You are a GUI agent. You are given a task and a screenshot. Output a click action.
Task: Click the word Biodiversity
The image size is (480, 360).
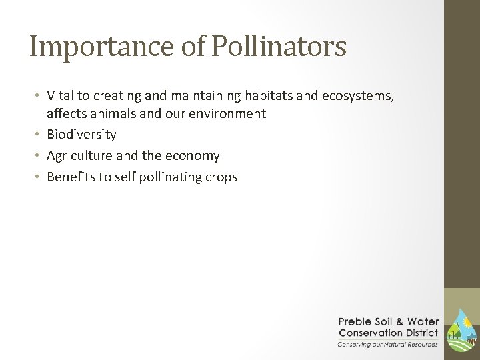coord(81,135)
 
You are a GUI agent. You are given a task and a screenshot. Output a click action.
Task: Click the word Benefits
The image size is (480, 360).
coord(69,177)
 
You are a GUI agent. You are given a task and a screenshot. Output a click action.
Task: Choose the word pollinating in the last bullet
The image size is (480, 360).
coord(166,177)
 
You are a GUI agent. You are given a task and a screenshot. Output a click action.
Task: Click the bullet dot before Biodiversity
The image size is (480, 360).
coord(39,135)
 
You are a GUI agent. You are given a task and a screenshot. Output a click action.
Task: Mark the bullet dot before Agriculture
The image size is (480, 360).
coord(39,156)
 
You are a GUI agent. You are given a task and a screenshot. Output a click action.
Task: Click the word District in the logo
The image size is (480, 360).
coord(422,333)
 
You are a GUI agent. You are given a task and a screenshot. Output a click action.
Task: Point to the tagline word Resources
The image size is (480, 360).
coord(420,343)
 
